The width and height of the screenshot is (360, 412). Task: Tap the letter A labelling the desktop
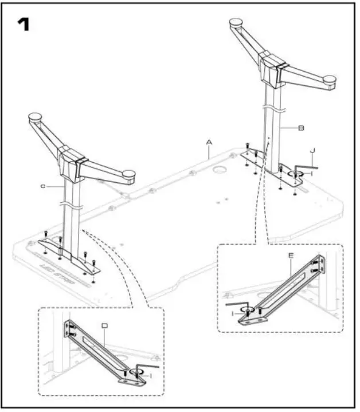point(210,141)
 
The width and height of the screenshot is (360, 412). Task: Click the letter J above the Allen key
point(312,152)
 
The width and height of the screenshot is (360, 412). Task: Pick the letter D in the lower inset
point(104,326)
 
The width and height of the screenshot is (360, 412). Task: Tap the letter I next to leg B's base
point(310,172)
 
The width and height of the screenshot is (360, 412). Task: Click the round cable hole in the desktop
point(220,171)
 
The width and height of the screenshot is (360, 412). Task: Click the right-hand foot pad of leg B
point(329,81)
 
